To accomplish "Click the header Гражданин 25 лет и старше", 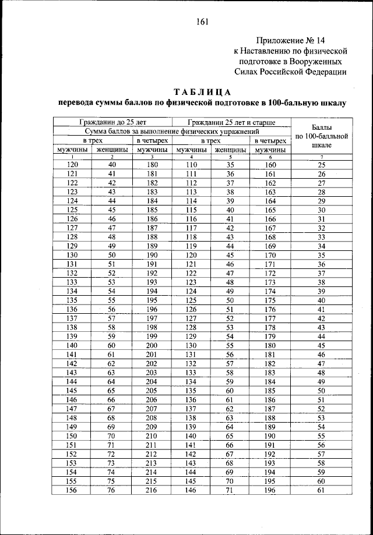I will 231,122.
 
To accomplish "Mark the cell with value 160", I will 270,165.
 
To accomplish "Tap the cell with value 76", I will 112,491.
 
